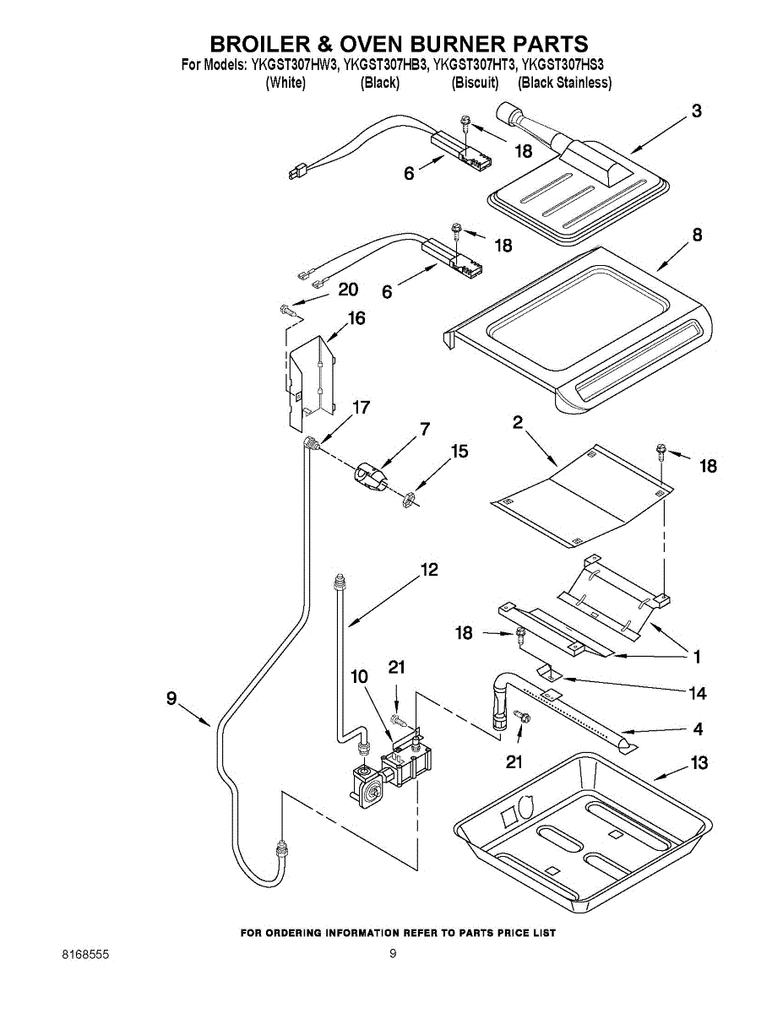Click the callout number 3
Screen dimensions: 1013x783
pyautogui.click(x=696, y=111)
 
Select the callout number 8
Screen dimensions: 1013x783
pyautogui.click(x=697, y=236)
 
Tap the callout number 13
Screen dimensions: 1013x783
pyautogui.click(x=699, y=763)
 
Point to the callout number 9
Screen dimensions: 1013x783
pyautogui.click(x=171, y=698)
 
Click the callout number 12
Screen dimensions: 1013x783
pyautogui.click(x=429, y=570)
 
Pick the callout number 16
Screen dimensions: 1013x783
pyautogui.click(x=356, y=318)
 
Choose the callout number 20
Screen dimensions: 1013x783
pyautogui.click(x=348, y=290)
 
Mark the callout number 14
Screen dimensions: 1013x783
pyautogui.click(x=698, y=693)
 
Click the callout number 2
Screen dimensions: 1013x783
pyautogui.click(x=517, y=424)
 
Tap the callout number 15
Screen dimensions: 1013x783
pyautogui.click(x=459, y=452)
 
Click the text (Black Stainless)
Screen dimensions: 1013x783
pyautogui.click(x=564, y=83)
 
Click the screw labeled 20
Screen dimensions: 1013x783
pyautogui.click(x=288, y=311)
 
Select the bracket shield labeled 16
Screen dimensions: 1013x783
pyautogui.click(x=311, y=380)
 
